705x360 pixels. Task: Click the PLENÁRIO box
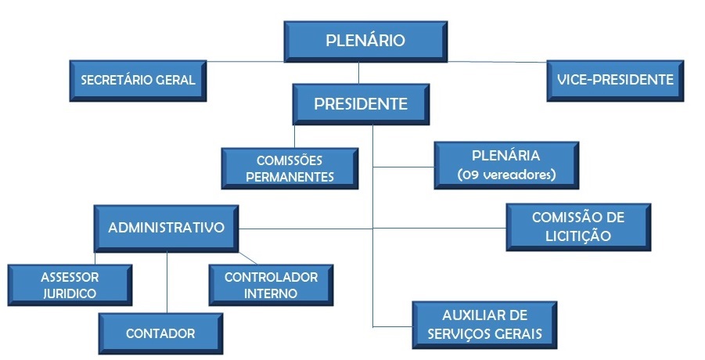click(365, 41)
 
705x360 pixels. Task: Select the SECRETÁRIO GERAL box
click(138, 80)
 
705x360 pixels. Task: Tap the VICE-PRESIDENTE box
click(615, 80)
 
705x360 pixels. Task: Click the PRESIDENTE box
click(361, 104)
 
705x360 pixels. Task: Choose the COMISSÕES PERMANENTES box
click(290, 168)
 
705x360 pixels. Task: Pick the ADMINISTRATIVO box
click(166, 228)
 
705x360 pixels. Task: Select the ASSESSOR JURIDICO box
click(70, 286)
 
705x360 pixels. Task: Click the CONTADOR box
click(160, 333)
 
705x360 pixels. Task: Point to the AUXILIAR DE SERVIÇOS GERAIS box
click(485, 325)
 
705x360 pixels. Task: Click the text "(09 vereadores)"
click(506, 175)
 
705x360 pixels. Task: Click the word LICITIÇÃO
click(578, 236)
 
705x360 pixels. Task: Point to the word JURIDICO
click(70, 294)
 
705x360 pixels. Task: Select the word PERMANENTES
click(290, 177)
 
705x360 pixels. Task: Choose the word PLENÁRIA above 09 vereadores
click(506, 157)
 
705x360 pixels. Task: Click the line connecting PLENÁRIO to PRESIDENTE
click(359, 72)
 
